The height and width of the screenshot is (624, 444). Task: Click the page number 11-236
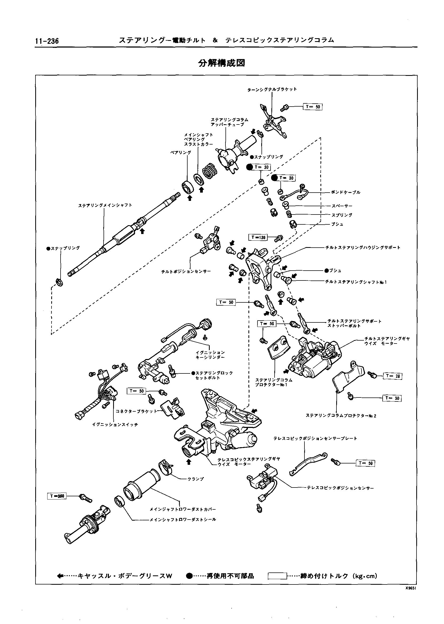(47, 41)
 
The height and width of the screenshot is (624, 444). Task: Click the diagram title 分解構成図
(221, 63)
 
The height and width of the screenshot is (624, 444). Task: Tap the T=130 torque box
(258, 237)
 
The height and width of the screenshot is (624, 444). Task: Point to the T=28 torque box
(393, 376)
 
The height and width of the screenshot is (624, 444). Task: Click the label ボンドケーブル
(346, 192)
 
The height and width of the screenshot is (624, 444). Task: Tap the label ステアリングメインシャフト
(105, 205)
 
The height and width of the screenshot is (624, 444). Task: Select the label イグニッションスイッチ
(115, 424)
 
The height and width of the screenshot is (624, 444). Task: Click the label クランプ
(196, 479)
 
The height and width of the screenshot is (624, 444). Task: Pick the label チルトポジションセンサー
(186, 271)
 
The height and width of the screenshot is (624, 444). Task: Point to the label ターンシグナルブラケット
(272, 89)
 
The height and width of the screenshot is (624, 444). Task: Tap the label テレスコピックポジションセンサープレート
(315, 438)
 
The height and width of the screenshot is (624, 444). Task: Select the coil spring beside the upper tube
(210, 171)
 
